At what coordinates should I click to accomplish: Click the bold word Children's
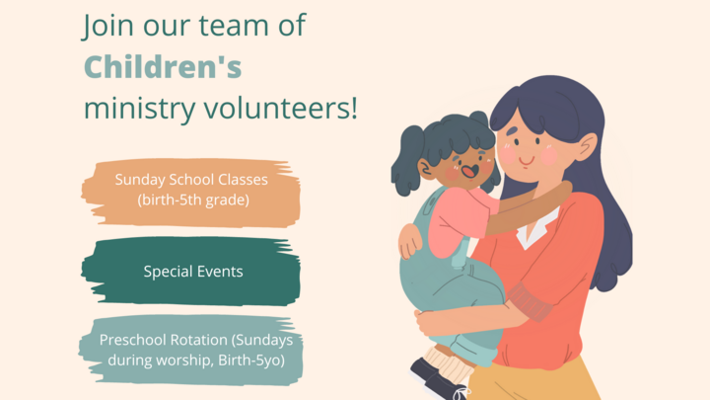pos(163,67)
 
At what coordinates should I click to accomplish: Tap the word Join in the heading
pos(106,27)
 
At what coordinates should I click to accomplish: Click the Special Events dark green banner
pos(190,272)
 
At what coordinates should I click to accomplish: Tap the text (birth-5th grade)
pos(192,201)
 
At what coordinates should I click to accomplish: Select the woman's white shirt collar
pos(533,233)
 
